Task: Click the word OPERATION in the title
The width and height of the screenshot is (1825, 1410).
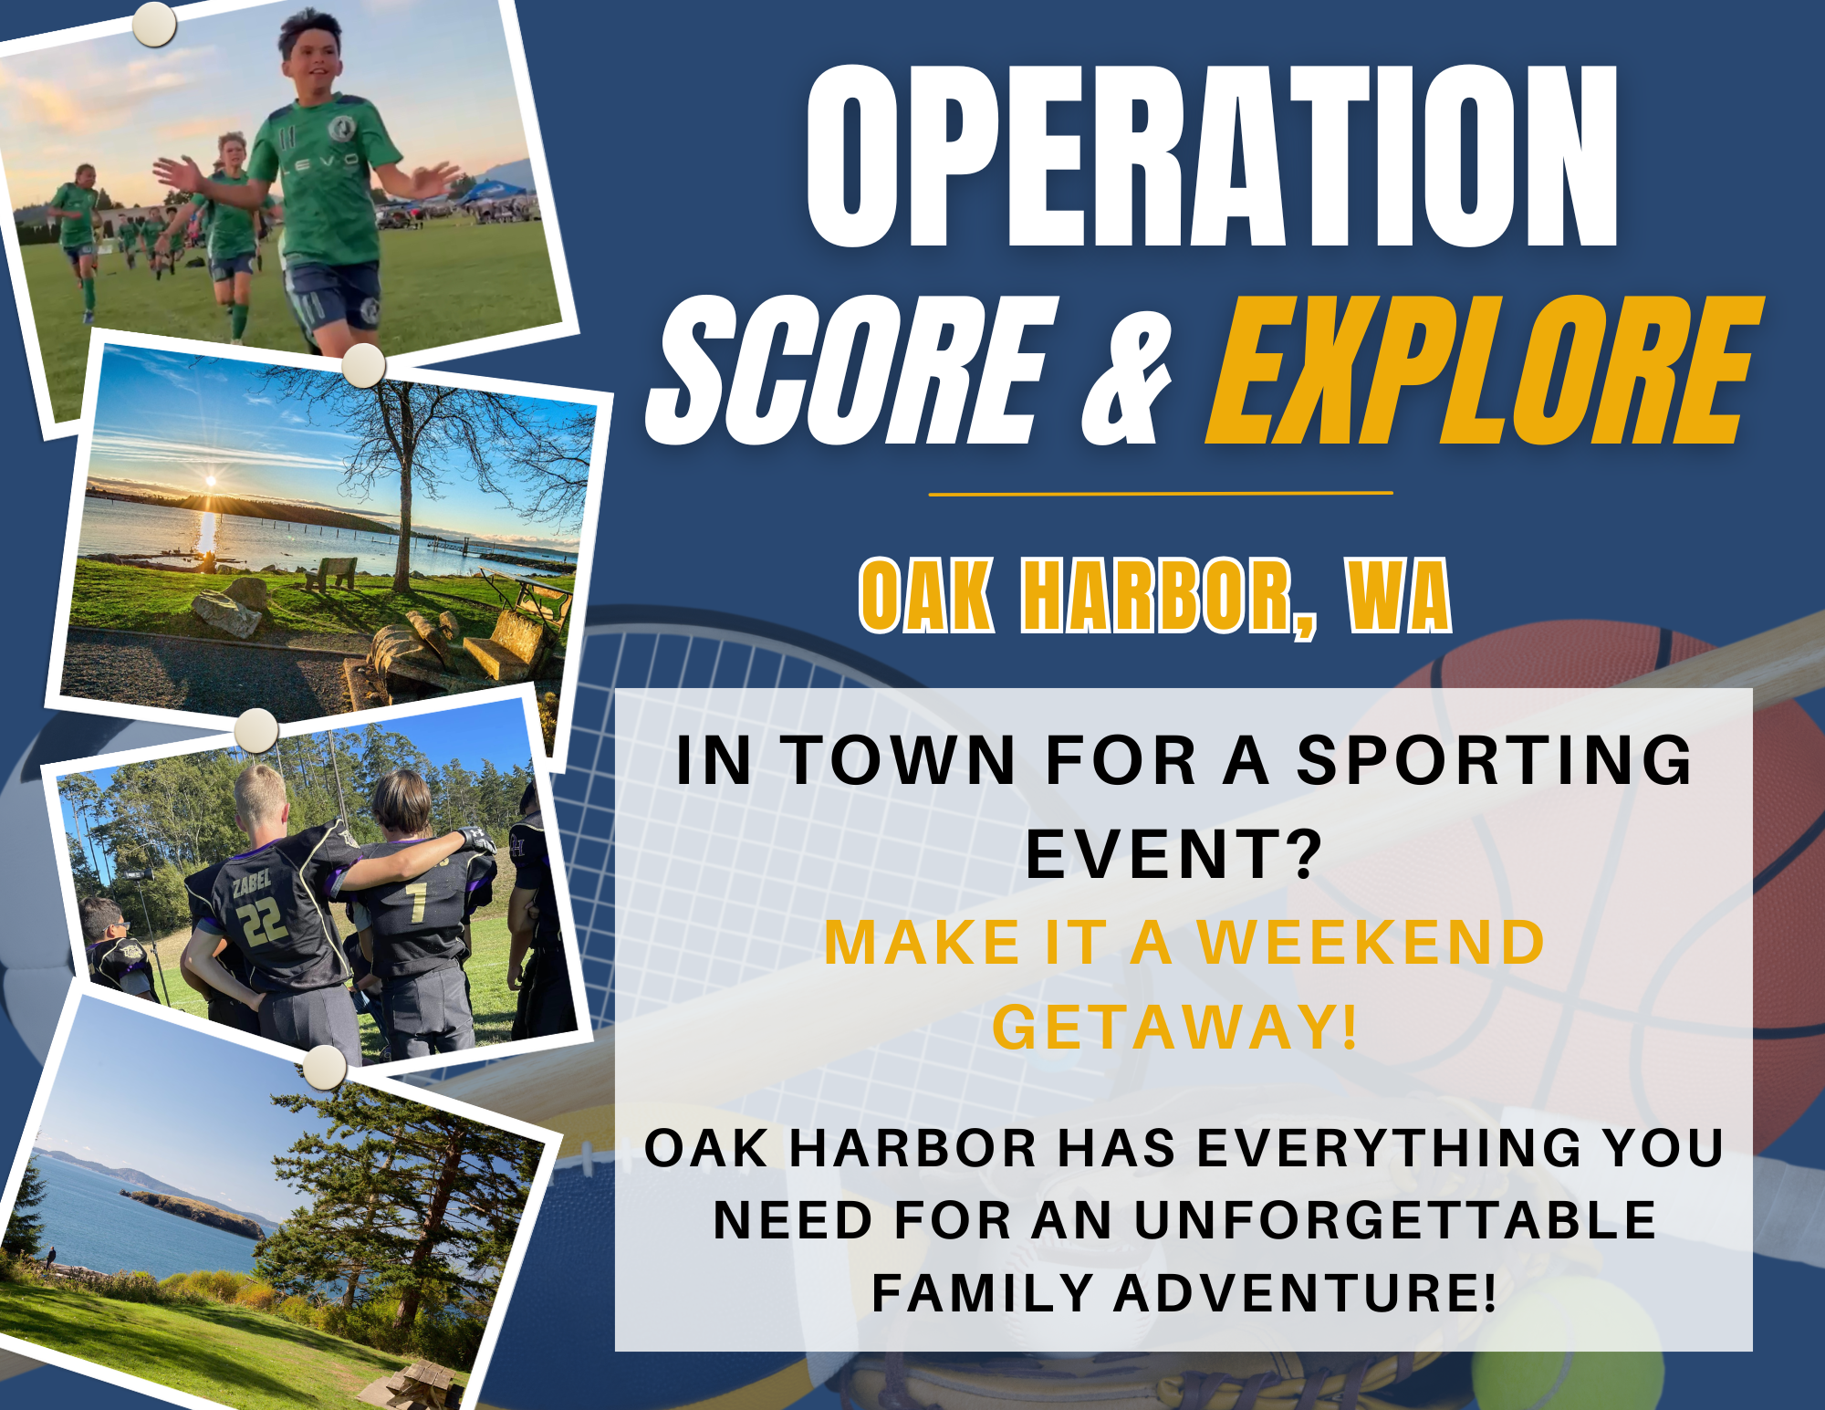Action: coord(1212,157)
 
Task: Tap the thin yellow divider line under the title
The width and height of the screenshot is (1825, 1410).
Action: coord(1160,494)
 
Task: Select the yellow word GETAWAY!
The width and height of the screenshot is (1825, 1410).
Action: coord(1175,1028)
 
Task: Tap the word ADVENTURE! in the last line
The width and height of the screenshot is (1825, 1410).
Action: coord(1305,1293)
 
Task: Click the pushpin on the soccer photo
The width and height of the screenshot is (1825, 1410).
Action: coord(154,25)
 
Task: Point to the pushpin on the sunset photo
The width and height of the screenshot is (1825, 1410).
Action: coord(363,365)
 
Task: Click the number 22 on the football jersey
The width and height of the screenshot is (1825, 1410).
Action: coord(263,922)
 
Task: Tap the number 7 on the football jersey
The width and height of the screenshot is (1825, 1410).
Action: coord(417,901)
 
